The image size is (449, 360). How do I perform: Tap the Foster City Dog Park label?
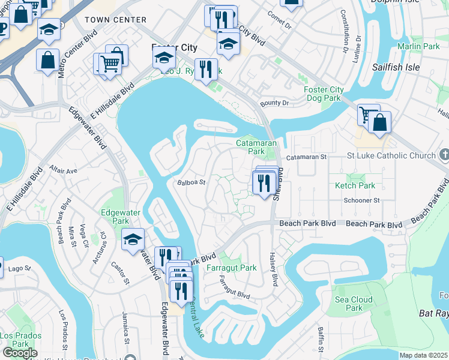coord(324,94)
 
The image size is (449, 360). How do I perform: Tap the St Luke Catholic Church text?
coord(391,156)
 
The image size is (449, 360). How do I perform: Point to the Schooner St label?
coord(358,202)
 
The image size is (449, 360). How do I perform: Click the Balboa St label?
coord(191,182)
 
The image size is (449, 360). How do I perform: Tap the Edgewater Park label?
coord(115,217)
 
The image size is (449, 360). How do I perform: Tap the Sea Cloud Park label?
coord(355,304)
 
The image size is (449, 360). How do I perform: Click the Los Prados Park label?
coord(15,340)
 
